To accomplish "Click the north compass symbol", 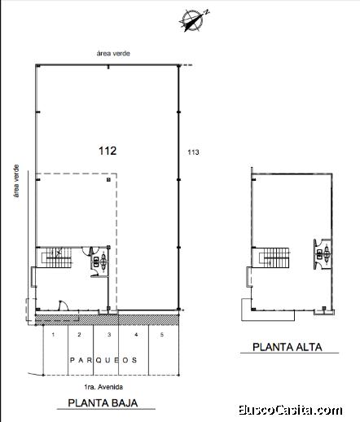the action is pos(194,20).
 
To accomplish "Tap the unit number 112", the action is pos(108,151).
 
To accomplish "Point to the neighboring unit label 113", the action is pos(193,152).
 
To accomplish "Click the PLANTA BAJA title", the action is pos(103,402).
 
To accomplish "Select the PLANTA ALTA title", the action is pos(288,347).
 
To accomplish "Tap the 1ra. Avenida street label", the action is pos(103,387).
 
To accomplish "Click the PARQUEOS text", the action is pos(103,360).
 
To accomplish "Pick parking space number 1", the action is pos(53,335).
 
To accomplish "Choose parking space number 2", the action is pos(79,335).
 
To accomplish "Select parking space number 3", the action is pos(109,335).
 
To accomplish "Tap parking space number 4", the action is pos(136,335).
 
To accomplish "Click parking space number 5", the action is pos(162,335).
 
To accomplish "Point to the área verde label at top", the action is pos(113,53).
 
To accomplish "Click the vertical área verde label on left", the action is pos(16,181).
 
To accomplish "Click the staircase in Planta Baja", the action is pos(57,257).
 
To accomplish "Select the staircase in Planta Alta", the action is pos(274,257).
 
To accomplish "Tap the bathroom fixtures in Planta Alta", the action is pos(323,254).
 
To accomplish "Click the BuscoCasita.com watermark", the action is pos(291,410).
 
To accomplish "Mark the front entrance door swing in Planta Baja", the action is pos(63,305).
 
